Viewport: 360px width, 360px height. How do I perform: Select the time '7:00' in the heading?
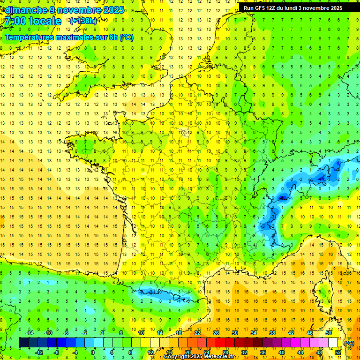tap(16, 21)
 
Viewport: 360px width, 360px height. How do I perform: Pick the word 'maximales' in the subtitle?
tap(77, 37)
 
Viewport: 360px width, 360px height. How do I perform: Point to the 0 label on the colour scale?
tap(93, 352)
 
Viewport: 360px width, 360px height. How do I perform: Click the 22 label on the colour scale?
tap(197, 332)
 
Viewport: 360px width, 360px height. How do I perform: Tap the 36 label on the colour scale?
tap(262, 352)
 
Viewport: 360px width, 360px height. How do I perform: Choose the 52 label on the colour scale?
tap(337, 352)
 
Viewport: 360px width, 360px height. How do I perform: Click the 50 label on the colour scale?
tap(329, 332)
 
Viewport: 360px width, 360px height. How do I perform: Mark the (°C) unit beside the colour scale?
tap(348, 343)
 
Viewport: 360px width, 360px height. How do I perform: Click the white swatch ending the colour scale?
tap(333, 343)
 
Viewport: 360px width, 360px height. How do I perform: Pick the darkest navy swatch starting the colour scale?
tap(23, 343)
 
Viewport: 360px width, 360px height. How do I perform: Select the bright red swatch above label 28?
tap(225, 343)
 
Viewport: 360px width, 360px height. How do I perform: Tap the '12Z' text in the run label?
tap(271, 8)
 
